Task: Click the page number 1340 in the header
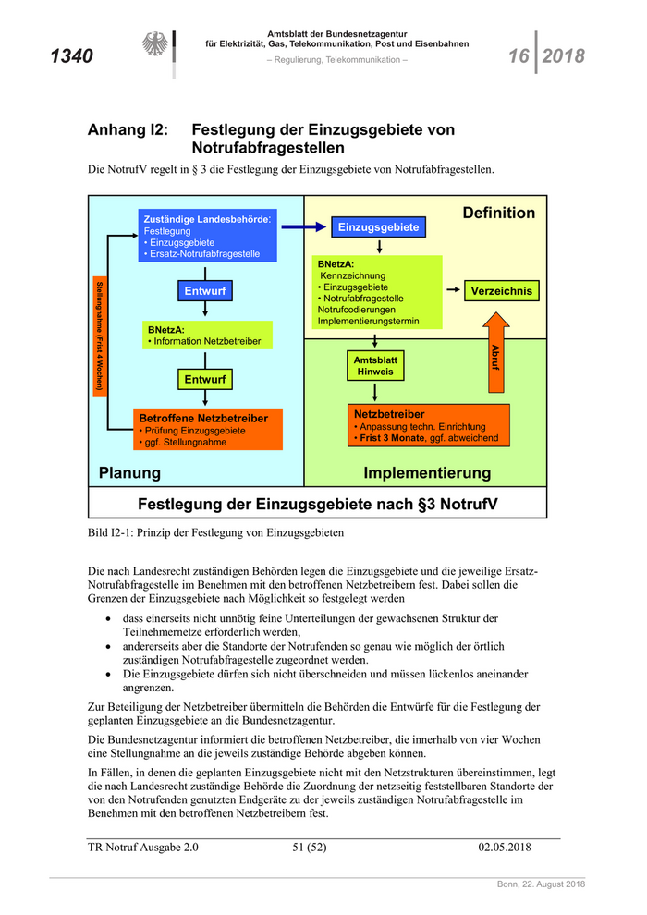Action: [x=70, y=57]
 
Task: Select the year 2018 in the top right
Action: [x=564, y=56]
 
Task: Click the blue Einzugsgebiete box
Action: [x=379, y=226]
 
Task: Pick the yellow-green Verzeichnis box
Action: [x=501, y=291]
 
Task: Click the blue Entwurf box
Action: [x=205, y=291]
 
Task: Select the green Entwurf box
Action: [x=205, y=379]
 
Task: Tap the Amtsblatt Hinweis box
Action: [x=375, y=365]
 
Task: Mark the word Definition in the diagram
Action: [x=498, y=213]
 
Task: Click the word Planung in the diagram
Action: [x=129, y=473]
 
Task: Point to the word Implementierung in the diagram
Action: [x=427, y=473]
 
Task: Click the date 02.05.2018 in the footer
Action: [x=505, y=847]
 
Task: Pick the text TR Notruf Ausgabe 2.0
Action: [x=142, y=847]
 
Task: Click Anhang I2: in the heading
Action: [x=128, y=130]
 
